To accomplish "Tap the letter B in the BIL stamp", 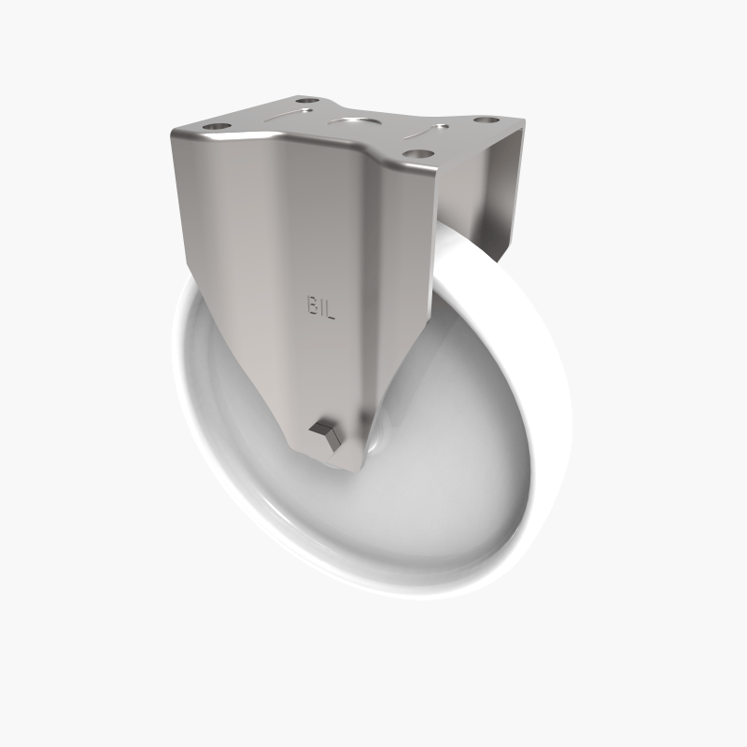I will pos(310,304).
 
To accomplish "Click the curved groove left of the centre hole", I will pos(285,117).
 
